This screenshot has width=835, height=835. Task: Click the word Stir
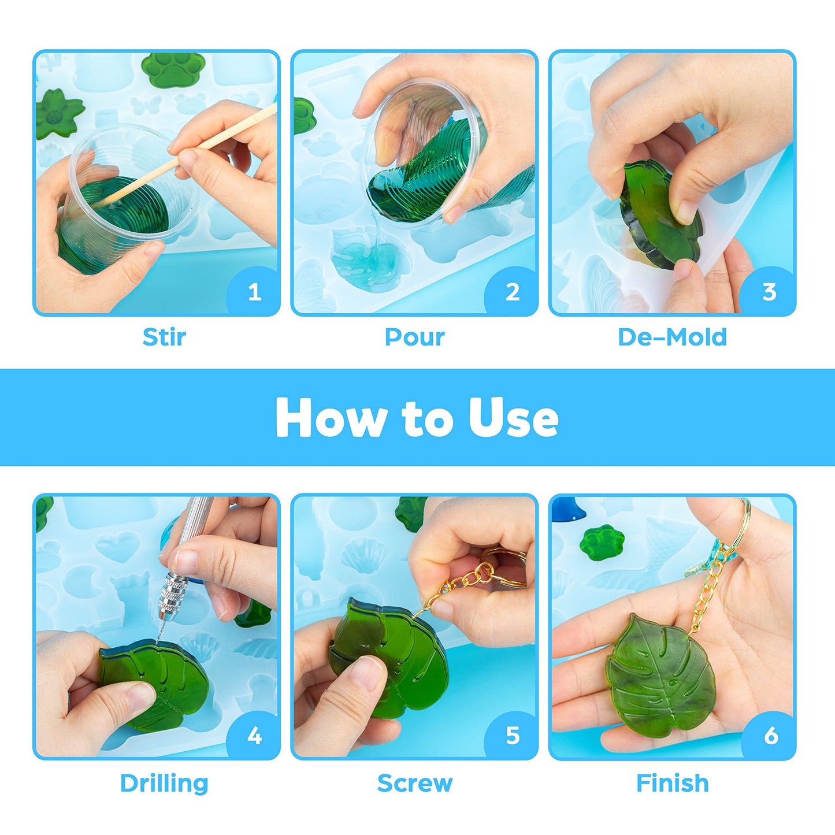click(x=164, y=337)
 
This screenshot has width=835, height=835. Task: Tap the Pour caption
click(x=415, y=337)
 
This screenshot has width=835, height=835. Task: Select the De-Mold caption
click(x=672, y=337)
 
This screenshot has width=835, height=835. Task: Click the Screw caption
click(x=415, y=782)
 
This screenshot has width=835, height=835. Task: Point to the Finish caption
click(x=672, y=782)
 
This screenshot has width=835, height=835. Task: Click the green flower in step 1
click(x=58, y=113)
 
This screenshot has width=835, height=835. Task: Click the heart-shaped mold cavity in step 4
click(x=117, y=547)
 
